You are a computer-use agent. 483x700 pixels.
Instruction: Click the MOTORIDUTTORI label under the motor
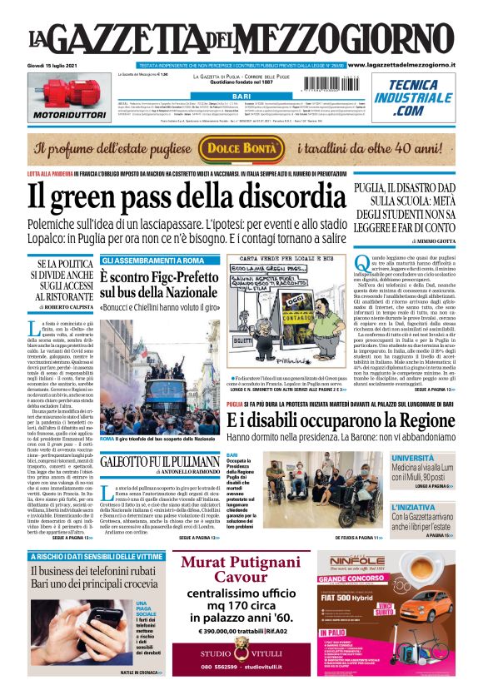click(x=60, y=114)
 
